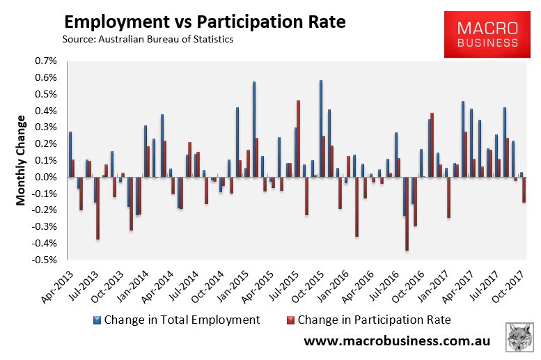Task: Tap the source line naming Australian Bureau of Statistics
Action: pyautogui.click(x=148, y=40)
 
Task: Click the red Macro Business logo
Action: pyautogui.click(x=487, y=35)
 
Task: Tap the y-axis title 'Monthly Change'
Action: pyautogui.click(x=21, y=160)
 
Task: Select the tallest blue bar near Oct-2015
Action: pyautogui.click(x=320, y=129)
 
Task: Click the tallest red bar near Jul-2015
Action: pyautogui.click(x=298, y=139)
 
